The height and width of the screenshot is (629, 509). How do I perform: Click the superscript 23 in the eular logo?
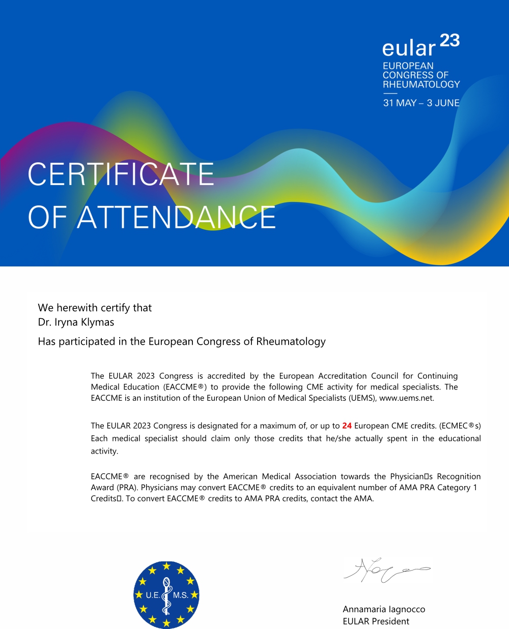(x=449, y=40)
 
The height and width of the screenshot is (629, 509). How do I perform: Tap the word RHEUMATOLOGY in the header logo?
(x=421, y=84)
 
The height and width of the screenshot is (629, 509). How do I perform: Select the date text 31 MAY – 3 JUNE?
(x=421, y=103)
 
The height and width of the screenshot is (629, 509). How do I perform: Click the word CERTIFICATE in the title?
(x=121, y=174)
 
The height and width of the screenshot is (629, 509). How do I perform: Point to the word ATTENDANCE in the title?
(x=176, y=218)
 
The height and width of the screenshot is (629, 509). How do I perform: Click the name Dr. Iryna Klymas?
(x=76, y=322)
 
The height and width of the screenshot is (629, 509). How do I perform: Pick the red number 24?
(x=347, y=426)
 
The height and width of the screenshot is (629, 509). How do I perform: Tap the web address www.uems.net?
(x=407, y=398)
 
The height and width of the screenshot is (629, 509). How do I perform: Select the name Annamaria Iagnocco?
(x=384, y=609)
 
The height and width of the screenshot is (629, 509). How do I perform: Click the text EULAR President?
(x=376, y=621)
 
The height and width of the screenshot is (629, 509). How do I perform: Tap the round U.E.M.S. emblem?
(x=166, y=595)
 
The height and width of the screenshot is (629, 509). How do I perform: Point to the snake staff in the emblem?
(x=166, y=596)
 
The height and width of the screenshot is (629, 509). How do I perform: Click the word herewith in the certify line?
(x=77, y=308)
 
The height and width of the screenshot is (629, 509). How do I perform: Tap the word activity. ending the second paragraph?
(x=104, y=451)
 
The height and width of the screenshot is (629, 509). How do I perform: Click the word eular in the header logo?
(x=409, y=48)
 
